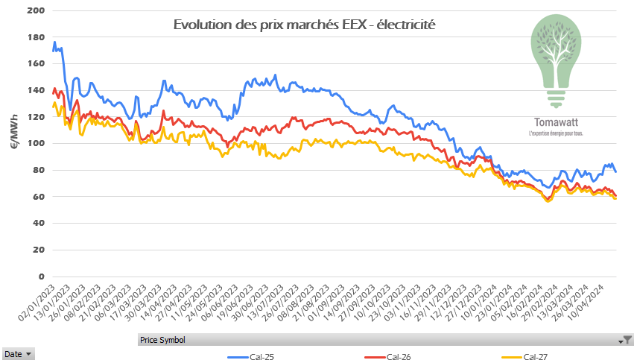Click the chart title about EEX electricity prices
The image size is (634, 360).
(x=304, y=25)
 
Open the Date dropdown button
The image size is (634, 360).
(x=18, y=353)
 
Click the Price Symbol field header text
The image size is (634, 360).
(x=162, y=340)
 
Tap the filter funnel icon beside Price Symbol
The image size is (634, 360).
(x=627, y=340)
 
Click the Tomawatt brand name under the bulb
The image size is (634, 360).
(x=554, y=121)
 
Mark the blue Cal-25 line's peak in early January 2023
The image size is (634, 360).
(x=54, y=42)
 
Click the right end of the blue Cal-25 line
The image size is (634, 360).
(x=615, y=172)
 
